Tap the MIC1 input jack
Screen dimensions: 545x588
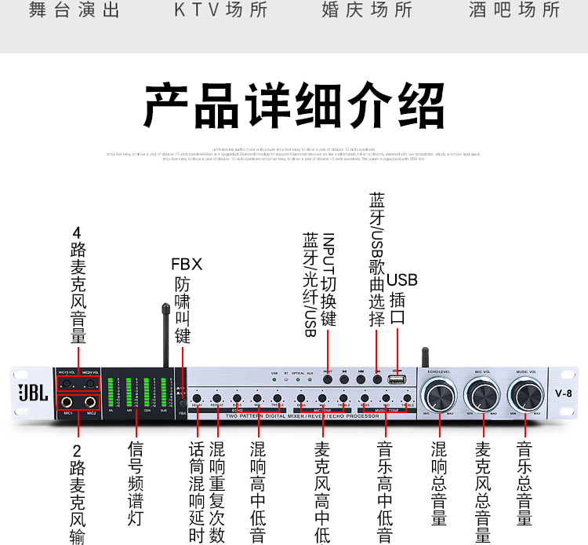[x=67, y=402]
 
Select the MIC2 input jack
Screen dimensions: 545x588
[x=91, y=402]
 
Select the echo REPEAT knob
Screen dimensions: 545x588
[x=217, y=399]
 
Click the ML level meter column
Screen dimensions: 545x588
[x=111, y=393]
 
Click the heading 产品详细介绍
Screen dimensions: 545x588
[x=294, y=105]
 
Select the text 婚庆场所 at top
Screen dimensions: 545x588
[x=367, y=10]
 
